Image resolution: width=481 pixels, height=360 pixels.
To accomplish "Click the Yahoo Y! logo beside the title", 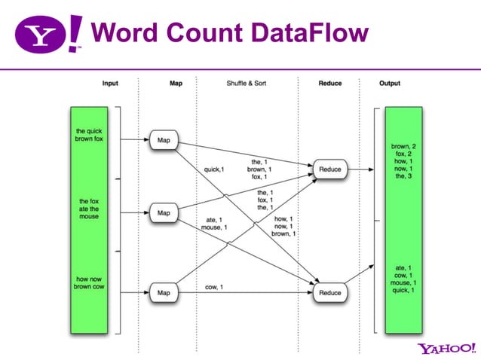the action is coord(48,34).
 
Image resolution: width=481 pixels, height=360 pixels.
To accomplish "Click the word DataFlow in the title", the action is coord(310,32).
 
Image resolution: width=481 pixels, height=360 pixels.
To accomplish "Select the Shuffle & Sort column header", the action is coord(247,83).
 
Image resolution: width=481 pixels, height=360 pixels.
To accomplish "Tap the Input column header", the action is coord(110,84).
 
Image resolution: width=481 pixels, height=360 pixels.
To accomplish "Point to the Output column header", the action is coord(390,84).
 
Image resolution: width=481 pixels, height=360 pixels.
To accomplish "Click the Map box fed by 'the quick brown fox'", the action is coord(164,140).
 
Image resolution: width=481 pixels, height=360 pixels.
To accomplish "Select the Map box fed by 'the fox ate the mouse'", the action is coord(164,212).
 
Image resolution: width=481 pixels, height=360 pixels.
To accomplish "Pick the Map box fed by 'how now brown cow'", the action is coord(164,293).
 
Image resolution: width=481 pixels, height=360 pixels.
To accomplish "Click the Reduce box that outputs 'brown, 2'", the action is coord(330,169).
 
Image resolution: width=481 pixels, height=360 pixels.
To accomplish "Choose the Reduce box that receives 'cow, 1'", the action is coord(330,293).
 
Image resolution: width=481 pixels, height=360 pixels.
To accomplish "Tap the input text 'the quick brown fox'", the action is coord(89,135).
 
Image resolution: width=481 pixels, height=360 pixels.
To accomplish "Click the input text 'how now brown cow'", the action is coord(89,282).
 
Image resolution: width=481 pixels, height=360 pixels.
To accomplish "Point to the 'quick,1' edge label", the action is coord(214,169).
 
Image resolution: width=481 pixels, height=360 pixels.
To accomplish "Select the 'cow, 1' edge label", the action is coord(214,287).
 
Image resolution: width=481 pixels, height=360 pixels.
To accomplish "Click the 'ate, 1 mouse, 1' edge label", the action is coord(214,224).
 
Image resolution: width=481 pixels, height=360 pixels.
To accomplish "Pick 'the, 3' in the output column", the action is coord(403,176).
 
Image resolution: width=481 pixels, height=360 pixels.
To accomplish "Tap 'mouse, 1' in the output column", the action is coord(403,282).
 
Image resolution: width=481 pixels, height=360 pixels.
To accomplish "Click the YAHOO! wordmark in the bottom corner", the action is coord(446,349).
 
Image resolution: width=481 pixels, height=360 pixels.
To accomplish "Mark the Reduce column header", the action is coord(330,84).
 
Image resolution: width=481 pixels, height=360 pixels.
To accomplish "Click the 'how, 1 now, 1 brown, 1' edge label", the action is coord(283,227).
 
